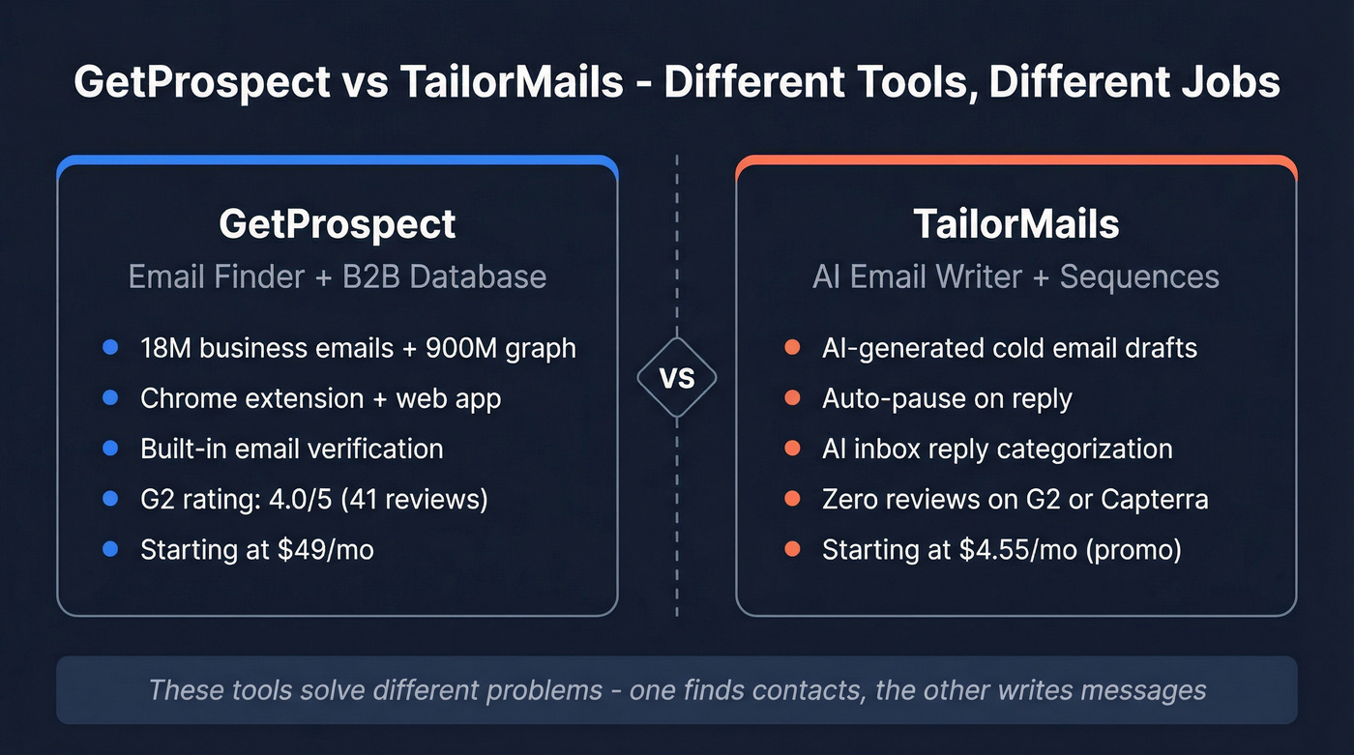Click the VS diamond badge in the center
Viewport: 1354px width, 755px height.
(x=677, y=378)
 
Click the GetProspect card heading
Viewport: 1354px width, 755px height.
(x=337, y=224)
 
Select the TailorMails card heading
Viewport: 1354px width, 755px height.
(x=1015, y=224)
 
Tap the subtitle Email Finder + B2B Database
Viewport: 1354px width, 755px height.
(x=337, y=276)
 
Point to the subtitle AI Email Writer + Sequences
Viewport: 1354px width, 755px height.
(x=1015, y=276)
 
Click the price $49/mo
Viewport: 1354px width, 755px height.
(x=326, y=549)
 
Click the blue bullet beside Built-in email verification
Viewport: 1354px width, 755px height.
(x=110, y=449)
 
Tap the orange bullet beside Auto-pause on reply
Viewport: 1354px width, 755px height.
(x=792, y=398)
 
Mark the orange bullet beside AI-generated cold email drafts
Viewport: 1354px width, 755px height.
(x=792, y=347)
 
